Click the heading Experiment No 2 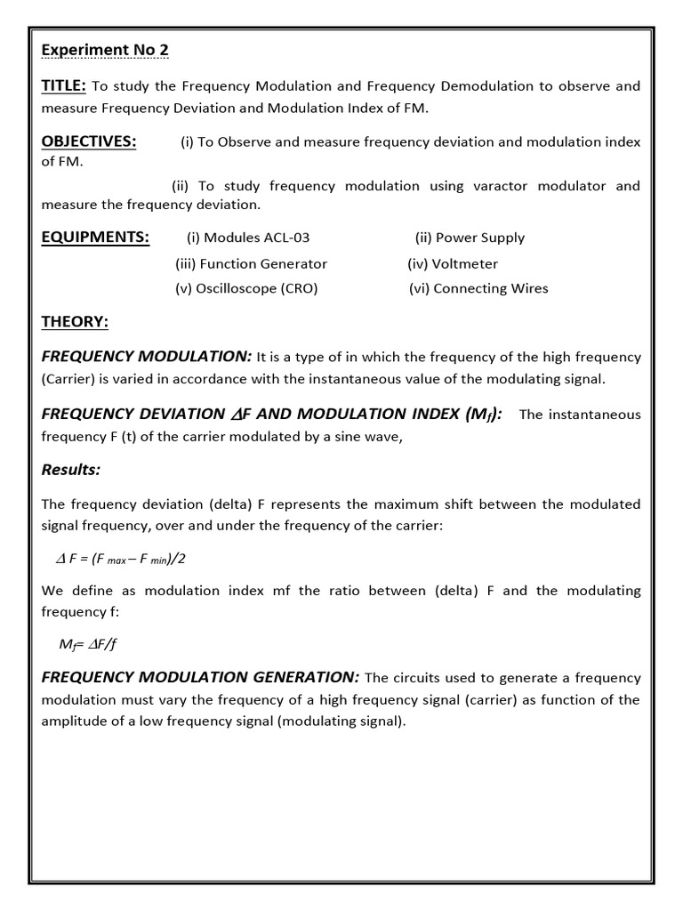tap(105, 50)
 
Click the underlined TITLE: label tap(64, 86)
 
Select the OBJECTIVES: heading tap(89, 142)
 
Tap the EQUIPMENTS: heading tap(96, 238)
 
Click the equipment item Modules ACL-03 tap(248, 238)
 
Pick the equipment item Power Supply tap(470, 238)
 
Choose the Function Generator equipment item tap(251, 263)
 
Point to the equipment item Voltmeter tap(453, 263)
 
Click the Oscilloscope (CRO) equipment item tap(246, 288)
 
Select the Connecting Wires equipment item tap(478, 288)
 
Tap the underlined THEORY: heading tap(75, 321)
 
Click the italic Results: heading tap(71, 469)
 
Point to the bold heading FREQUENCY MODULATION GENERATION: tap(200, 678)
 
